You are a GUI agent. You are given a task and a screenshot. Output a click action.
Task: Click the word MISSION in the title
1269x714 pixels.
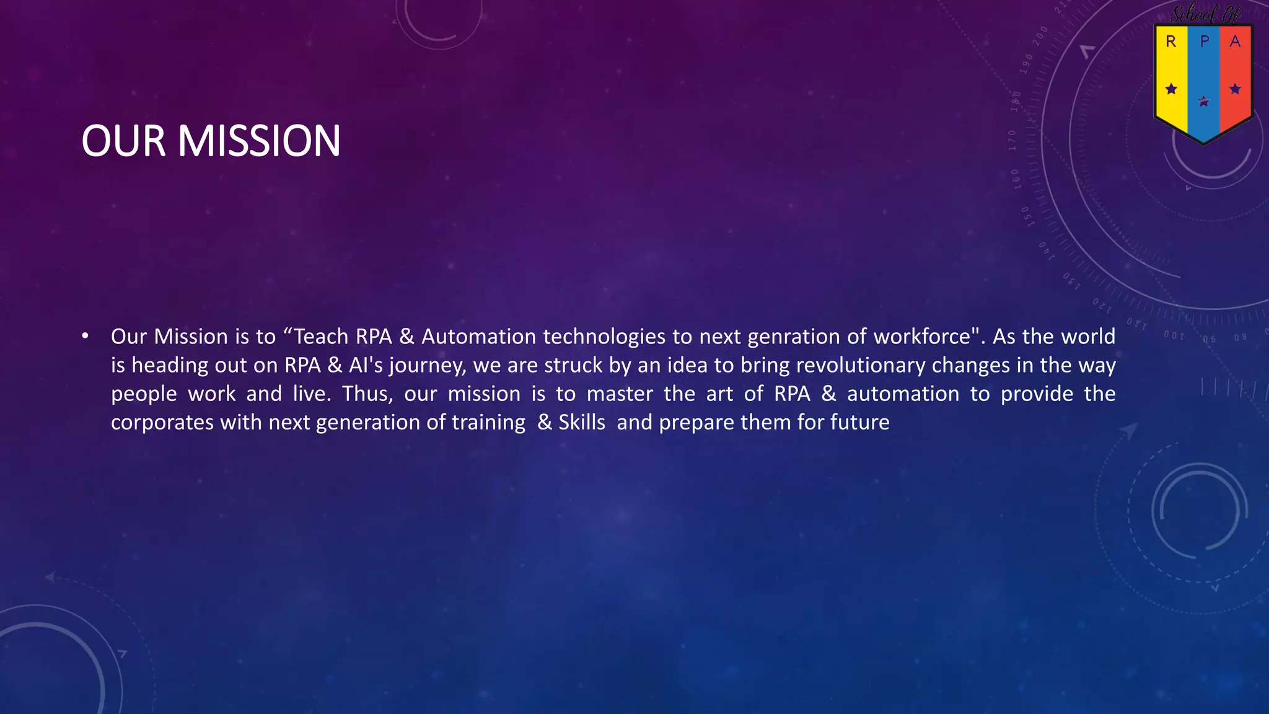click(259, 141)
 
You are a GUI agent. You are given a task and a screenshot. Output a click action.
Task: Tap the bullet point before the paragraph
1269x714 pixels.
click(85, 337)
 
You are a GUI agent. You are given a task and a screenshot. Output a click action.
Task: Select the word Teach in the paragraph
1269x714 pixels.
click(321, 337)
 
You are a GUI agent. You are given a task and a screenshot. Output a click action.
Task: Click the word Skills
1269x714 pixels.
click(582, 422)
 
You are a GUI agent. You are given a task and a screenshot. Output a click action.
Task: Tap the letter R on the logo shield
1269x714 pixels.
click(1170, 42)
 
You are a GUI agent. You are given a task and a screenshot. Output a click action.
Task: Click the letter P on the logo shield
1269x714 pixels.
click(1204, 42)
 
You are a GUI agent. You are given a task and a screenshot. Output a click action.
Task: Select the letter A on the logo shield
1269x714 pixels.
click(1235, 42)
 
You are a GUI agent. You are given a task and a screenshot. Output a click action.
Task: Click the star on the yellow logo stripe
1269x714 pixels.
click(1171, 89)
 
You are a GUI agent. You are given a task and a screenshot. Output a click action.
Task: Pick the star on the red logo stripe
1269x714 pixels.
click(1235, 89)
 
